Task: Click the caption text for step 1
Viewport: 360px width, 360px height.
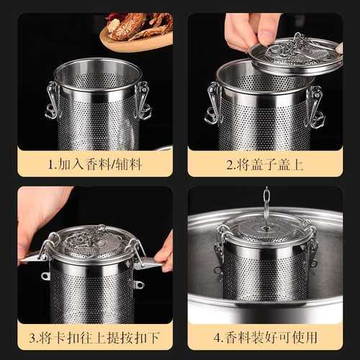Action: click(x=94, y=164)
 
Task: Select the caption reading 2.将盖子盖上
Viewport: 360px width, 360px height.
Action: click(x=264, y=164)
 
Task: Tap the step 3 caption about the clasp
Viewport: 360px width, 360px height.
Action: click(x=94, y=336)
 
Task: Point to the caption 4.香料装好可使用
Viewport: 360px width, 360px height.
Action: click(x=264, y=336)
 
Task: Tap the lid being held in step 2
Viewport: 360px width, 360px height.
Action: click(x=295, y=55)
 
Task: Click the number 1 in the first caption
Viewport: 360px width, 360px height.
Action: click(x=51, y=165)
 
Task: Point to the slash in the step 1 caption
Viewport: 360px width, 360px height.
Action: click(x=111, y=165)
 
